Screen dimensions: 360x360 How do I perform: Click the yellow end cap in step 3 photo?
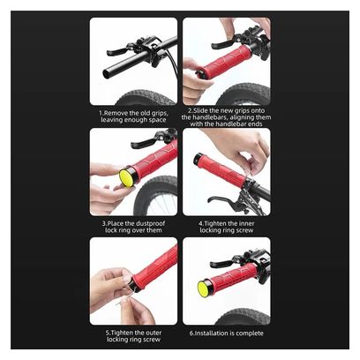[125, 178]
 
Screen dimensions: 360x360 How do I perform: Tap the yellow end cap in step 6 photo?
[203, 289]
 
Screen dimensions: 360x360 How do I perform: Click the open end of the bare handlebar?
[107, 73]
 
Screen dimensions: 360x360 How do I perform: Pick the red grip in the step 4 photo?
[221, 170]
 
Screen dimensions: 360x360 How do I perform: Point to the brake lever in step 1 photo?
[117, 52]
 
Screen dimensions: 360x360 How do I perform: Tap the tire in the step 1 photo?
[146, 98]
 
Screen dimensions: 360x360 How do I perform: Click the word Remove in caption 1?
[116, 113]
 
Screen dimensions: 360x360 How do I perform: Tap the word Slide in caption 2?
[200, 111]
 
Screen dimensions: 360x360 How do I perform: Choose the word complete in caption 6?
[250, 334]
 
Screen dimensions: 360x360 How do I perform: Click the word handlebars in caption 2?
[208, 117]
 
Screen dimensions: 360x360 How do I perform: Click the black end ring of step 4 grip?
[197, 159]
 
